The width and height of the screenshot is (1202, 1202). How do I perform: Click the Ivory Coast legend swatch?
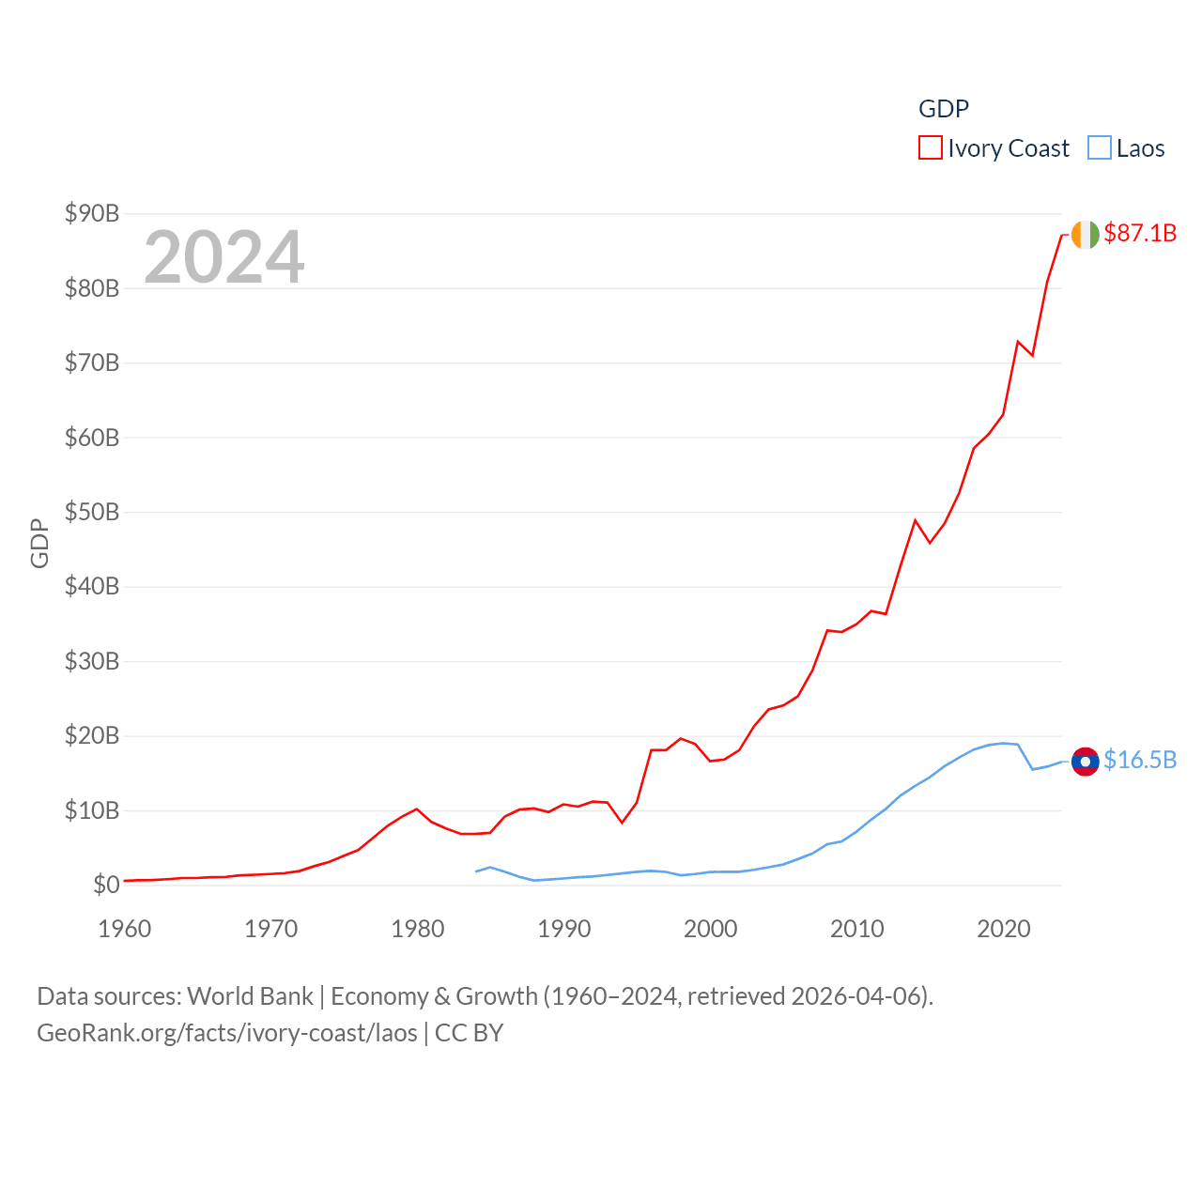[930, 148]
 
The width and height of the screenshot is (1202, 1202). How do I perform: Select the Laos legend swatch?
[1099, 148]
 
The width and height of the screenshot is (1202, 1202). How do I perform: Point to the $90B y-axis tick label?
[92, 213]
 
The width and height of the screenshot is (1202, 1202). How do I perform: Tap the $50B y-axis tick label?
[92, 512]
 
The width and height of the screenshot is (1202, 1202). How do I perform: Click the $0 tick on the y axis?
[106, 885]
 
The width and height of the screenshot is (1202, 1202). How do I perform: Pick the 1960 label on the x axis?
[125, 929]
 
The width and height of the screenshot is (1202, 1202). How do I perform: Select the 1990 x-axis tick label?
[564, 929]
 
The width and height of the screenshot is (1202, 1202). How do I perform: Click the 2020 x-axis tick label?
[1004, 929]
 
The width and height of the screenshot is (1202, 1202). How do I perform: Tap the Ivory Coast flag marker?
[1085, 235]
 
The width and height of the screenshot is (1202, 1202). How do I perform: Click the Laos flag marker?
[1085, 761]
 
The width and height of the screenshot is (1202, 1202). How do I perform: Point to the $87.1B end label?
[1140, 233]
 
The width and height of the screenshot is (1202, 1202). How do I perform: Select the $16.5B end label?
[1140, 760]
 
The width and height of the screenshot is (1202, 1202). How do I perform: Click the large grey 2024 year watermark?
[224, 256]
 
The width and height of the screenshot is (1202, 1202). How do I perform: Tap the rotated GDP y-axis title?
[39, 543]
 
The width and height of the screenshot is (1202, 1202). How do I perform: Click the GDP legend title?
[943, 109]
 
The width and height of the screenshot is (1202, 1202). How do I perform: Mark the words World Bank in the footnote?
[250, 995]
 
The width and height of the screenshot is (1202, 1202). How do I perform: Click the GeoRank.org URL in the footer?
[227, 1033]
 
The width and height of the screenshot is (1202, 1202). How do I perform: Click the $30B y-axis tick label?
[92, 661]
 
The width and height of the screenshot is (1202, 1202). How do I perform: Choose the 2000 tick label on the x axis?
[711, 929]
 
